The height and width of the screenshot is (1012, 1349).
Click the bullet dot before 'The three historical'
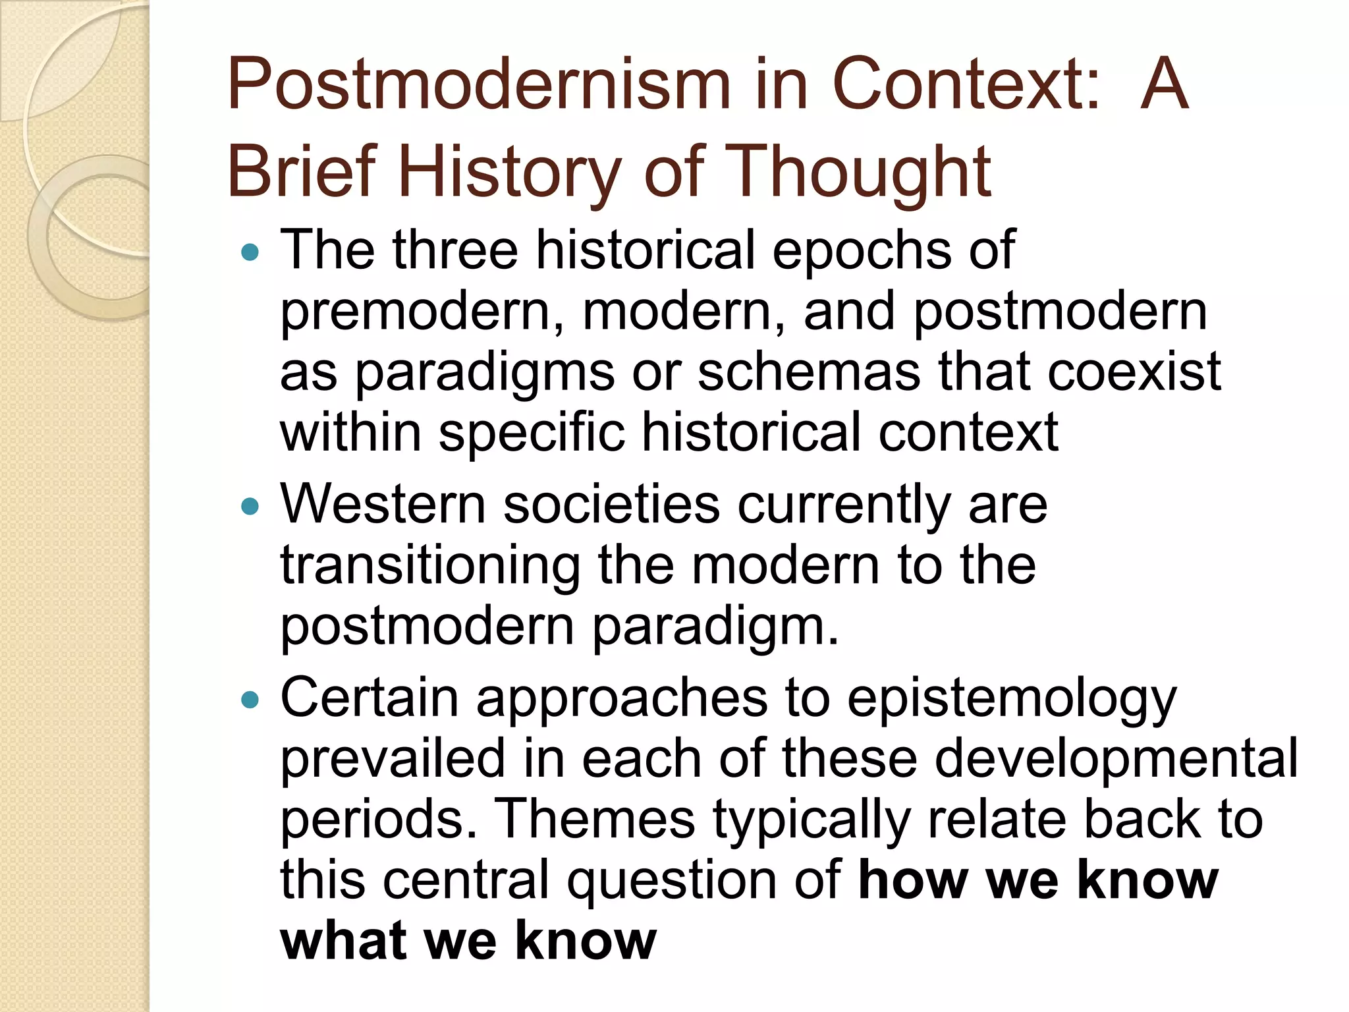pyautogui.click(x=250, y=252)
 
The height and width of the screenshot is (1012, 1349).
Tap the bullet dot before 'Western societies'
pyautogui.click(x=250, y=506)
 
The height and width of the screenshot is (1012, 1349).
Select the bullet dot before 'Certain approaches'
pyautogui.click(x=250, y=700)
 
